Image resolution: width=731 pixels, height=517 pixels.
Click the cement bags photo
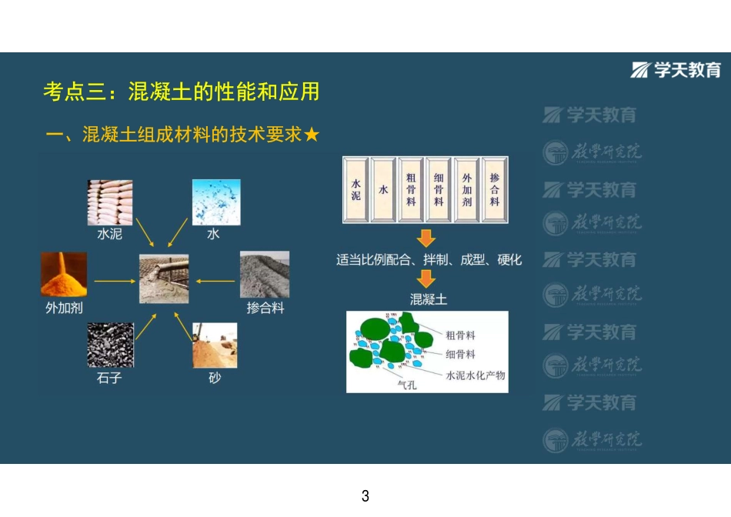click(109, 202)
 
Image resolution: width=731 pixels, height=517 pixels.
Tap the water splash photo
click(215, 202)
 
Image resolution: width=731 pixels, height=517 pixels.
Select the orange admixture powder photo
click(64, 275)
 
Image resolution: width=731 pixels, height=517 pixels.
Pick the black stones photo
click(109, 345)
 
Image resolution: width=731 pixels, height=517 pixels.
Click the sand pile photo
click(214, 345)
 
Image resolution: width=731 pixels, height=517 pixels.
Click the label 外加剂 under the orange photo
click(65, 309)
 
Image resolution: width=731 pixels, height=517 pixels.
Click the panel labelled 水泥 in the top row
click(355, 190)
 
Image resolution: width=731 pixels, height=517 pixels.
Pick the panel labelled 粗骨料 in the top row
click(411, 190)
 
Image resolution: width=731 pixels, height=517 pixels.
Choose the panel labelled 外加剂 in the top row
click(466, 190)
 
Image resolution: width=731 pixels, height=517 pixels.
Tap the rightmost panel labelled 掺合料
click(494, 190)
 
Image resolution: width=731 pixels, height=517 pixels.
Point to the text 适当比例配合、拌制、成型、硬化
click(429, 259)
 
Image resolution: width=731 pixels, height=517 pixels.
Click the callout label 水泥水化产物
click(476, 375)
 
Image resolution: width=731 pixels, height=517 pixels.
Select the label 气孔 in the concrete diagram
click(406, 385)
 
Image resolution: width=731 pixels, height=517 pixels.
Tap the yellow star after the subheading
click(312, 135)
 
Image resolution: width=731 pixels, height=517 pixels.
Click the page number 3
click(365, 496)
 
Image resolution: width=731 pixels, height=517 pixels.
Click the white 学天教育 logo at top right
click(677, 70)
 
